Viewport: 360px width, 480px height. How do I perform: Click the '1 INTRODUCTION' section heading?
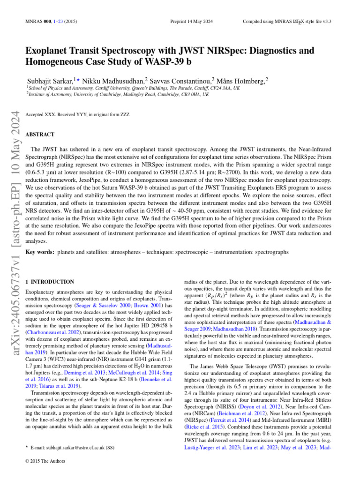[x=49, y=282]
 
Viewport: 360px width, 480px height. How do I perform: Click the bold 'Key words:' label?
[x=39, y=252]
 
